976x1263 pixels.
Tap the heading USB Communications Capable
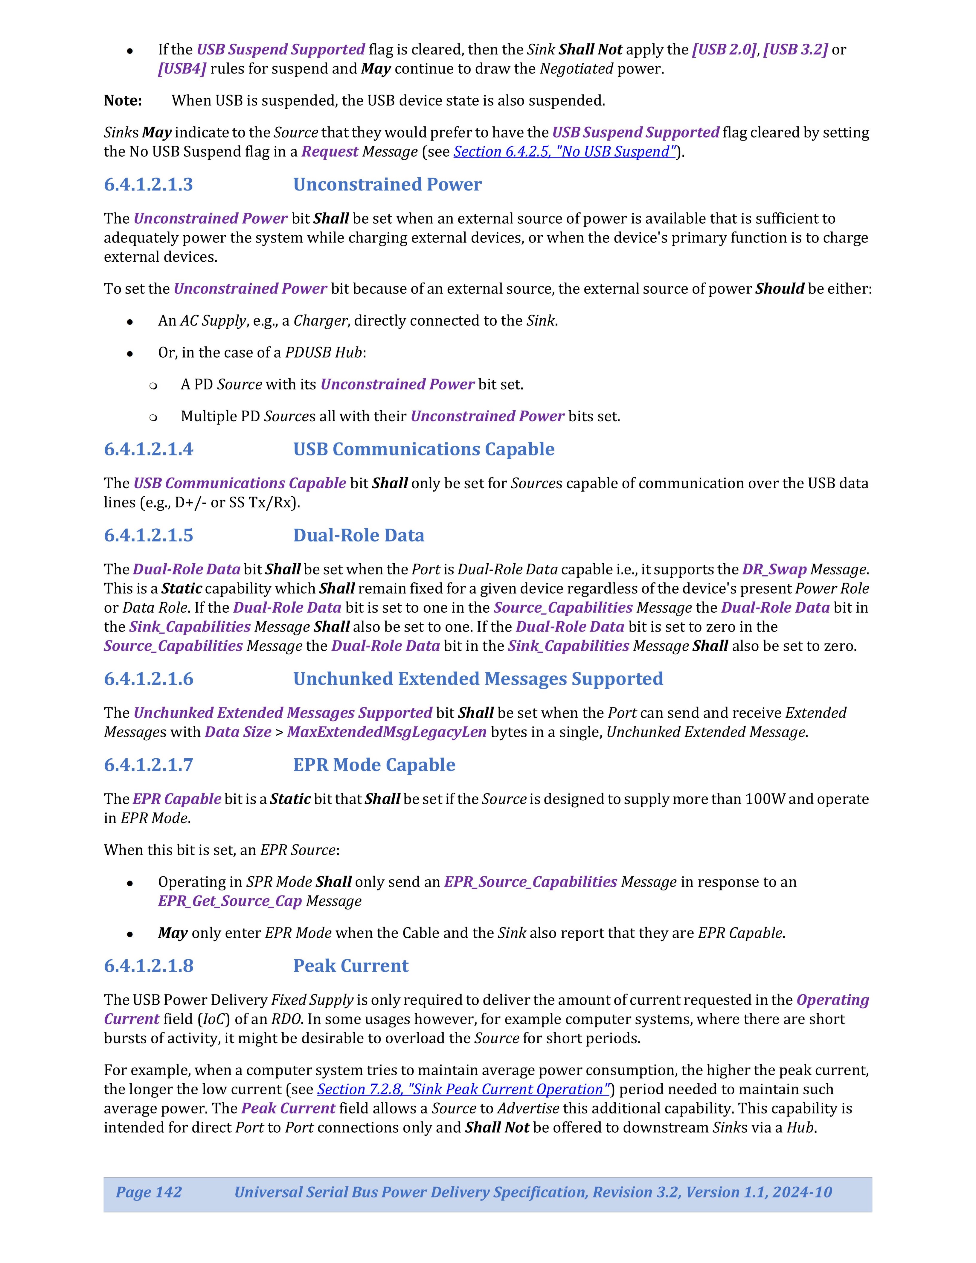(423, 449)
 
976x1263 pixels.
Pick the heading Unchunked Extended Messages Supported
(478, 679)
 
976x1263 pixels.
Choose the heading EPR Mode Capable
(373, 765)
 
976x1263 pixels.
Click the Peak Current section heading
(350, 966)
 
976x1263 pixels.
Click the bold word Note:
(123, 101)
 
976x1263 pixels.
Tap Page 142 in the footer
(149, 1192)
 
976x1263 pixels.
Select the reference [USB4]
(182, 69)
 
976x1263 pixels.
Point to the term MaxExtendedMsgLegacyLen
(386, 732)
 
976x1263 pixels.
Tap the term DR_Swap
(774, 570)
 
